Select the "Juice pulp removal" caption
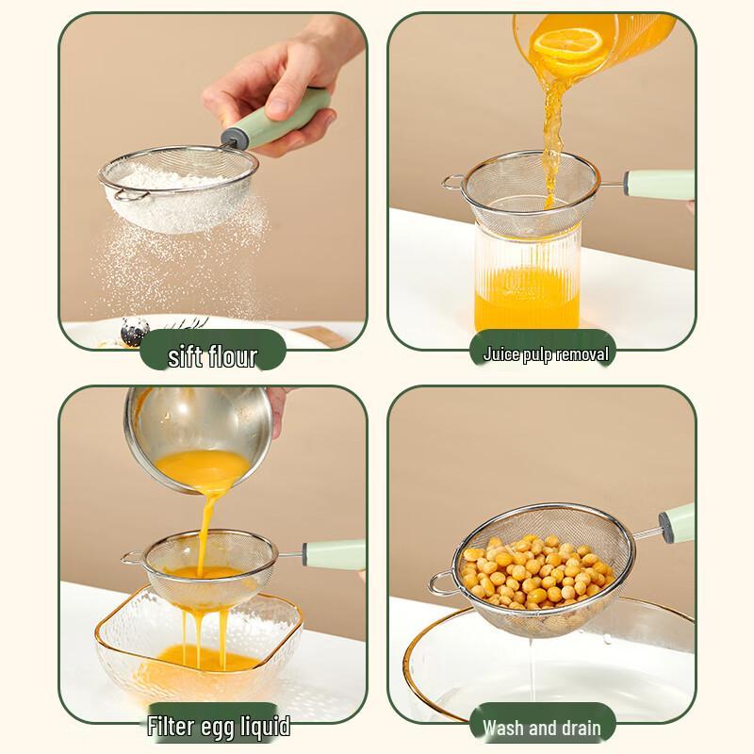[x=546, y=354]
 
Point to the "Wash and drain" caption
[x=541, y=728]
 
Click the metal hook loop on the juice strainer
[x=453, y=181]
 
